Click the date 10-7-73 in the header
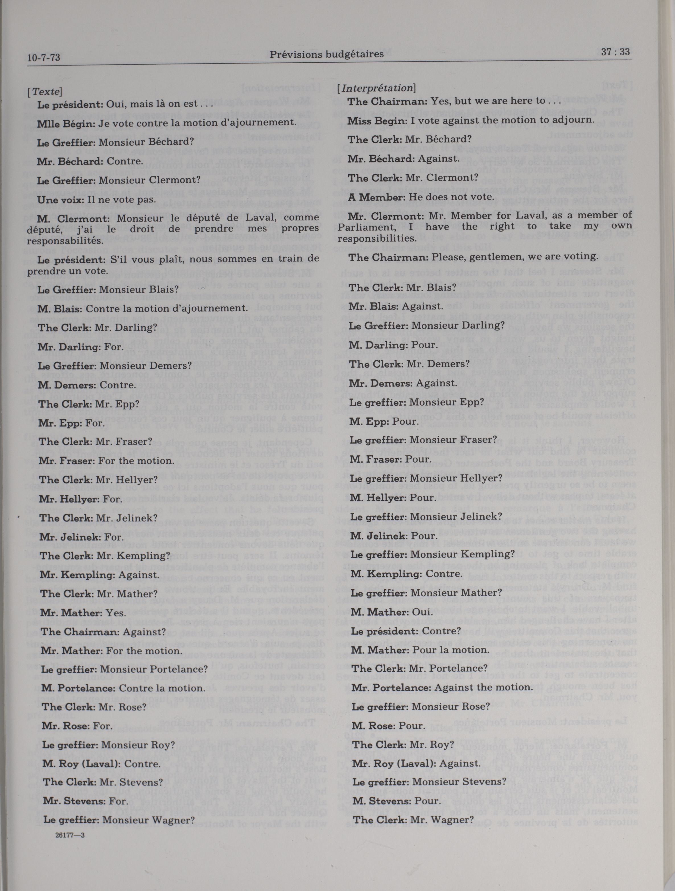click(44, 58)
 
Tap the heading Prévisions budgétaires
click(326, 54)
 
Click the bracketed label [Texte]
click(45, 91)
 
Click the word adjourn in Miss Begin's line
click(576, 120)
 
